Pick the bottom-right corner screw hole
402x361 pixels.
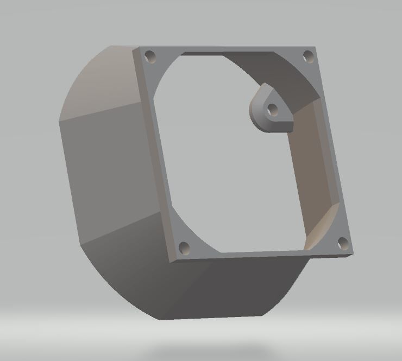point(342,243)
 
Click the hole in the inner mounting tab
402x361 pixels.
point(273,110)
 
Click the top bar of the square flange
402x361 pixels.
point(228,49)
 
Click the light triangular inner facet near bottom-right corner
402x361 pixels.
point(321,228)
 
